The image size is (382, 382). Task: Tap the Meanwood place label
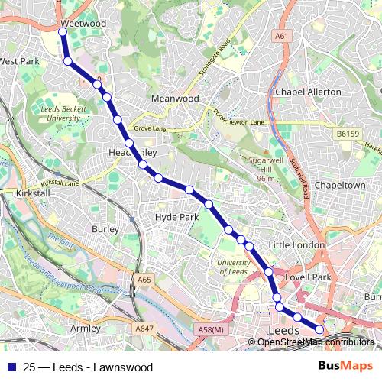175,99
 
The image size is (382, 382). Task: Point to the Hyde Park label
176,217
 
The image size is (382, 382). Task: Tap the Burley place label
105,228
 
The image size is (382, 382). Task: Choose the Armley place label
85,328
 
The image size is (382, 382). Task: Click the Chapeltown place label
338,185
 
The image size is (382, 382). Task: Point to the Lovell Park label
306,277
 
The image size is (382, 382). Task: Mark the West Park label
19,60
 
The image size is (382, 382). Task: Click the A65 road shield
144,281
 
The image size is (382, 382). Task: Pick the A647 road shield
144,306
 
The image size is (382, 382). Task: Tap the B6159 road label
347,134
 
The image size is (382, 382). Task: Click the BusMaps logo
345,366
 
